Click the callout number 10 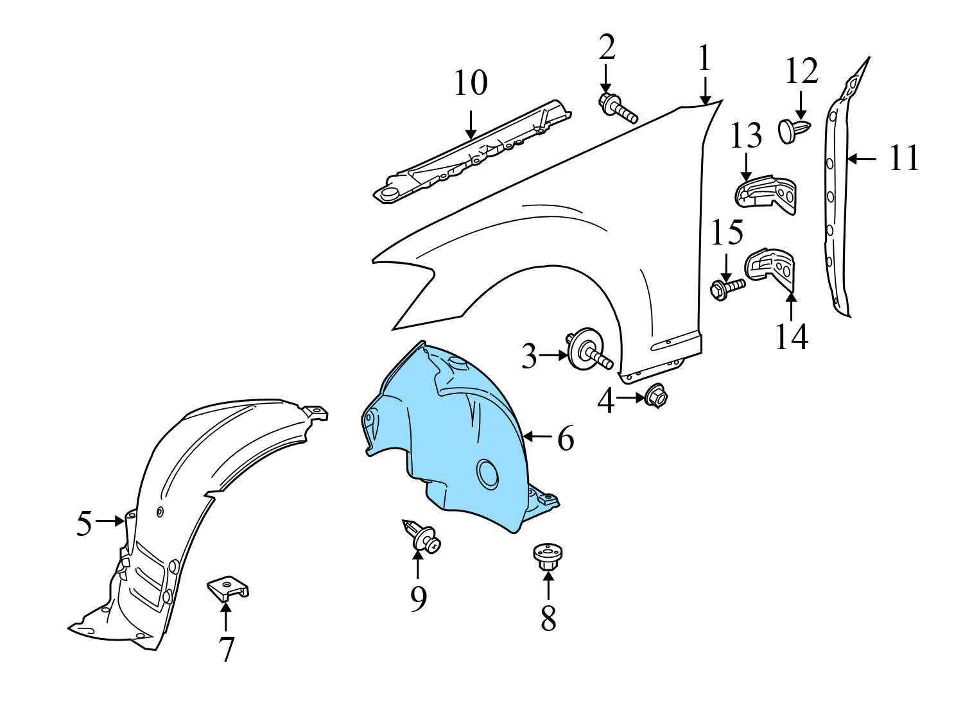click(471, 83)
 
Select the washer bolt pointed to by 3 click(587, 350)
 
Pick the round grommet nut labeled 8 click(548, 556)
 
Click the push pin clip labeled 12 click(794, 130)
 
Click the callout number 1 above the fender click(704, 58)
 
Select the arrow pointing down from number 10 click(471, 124)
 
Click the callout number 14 click(791, 336)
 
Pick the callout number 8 click(548, 619)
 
